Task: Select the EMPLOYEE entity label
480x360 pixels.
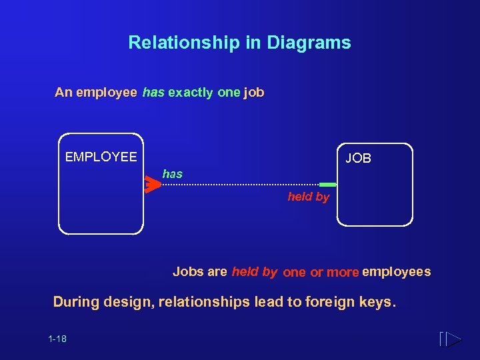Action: click(x=101, y=157)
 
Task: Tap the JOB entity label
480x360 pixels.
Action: click(x=358, y=159)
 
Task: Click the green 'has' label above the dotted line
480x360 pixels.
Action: click(x=172, y=174)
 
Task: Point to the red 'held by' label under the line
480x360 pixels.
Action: click(x=308, y=197)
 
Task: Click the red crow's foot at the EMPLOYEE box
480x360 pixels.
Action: click(x=153, y=185)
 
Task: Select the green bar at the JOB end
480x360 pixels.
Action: click(x=328, y=185)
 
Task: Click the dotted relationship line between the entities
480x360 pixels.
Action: click(x=240, y=185)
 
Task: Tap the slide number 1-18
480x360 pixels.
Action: click(x=57, y=339)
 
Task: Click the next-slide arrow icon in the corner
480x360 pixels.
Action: click(x=451, y=339)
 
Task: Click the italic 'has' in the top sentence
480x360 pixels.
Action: click(x=153, y=93)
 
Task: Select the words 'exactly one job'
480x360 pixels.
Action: click(x=216, y=93)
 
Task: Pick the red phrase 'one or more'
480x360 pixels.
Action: click(x=321, y=272)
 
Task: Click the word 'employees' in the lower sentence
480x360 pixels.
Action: click(x=396, y=271)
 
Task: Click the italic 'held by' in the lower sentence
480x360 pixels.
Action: click(x=255, y=271)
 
